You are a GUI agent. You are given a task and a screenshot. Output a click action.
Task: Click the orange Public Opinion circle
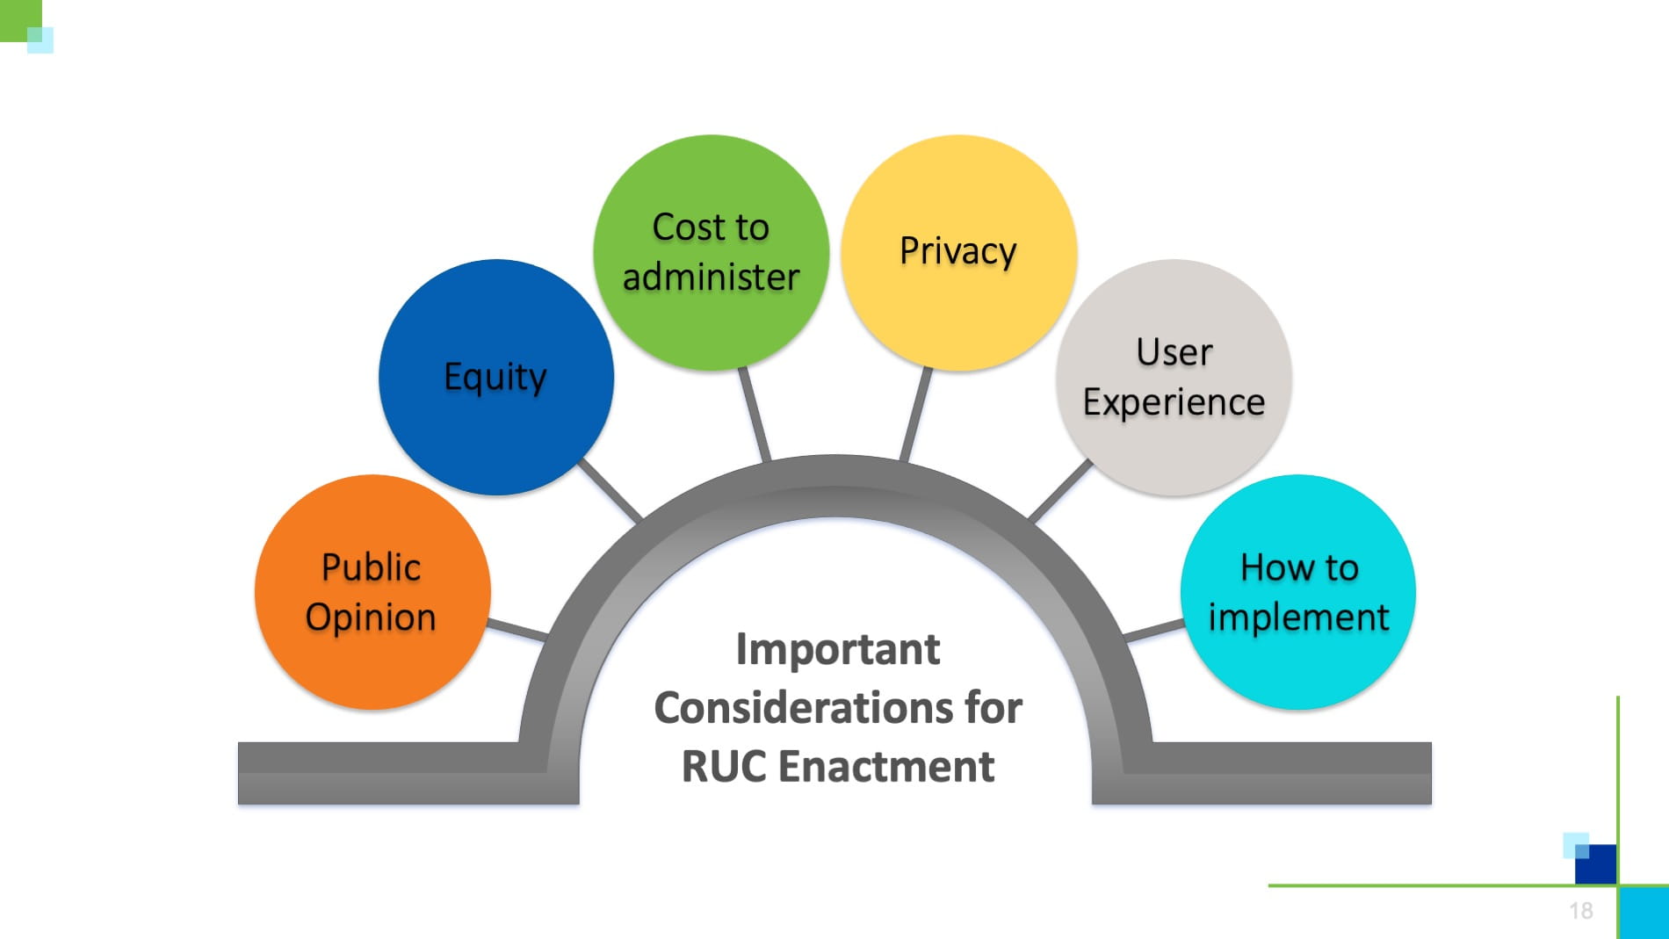pyautogui.click(x=372, y=592)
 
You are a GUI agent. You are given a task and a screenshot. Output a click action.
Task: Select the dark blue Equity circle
pyautogui.click(x=495, y=377)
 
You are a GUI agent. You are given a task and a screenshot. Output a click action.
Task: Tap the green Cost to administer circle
pyautogui.click(x=711, y=252)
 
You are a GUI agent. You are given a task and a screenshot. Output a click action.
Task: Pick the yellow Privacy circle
pyautogui.click(x=958, y=252)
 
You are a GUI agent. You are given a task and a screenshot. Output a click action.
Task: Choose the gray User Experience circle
pyautogui.click(x=1174, y=377)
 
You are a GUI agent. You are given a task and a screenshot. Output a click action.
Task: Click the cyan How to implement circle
pyautogui.click(x=1297, y=592)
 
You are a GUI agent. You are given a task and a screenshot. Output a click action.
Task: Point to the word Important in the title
pyautogui.click(x=837, y=650)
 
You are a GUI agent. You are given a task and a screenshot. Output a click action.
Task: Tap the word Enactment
pyautogui.click(x=886, y=766)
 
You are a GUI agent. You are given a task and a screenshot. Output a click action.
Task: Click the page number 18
pyautogui.click(x=1581, y=911)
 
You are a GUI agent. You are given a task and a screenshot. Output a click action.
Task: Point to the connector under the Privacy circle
pyautogui.click(x=915, y=414)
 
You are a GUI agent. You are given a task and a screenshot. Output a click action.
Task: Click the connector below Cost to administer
pyautogui.click(x=755, y=414)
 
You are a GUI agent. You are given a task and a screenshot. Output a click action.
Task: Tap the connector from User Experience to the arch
pyautogui.click(x=1060, y=490)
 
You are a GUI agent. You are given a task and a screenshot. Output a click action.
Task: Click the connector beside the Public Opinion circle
pyautogui.click(x=517, y=629)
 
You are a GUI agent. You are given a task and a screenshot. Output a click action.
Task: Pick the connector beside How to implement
pyautogui.click(x=1153, y=630)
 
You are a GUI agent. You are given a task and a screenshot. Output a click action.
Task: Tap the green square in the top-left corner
pyautogui.click(x=18, y=18)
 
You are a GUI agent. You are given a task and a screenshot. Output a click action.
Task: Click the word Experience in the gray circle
pyautogui.click(x=1174, y=402)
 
